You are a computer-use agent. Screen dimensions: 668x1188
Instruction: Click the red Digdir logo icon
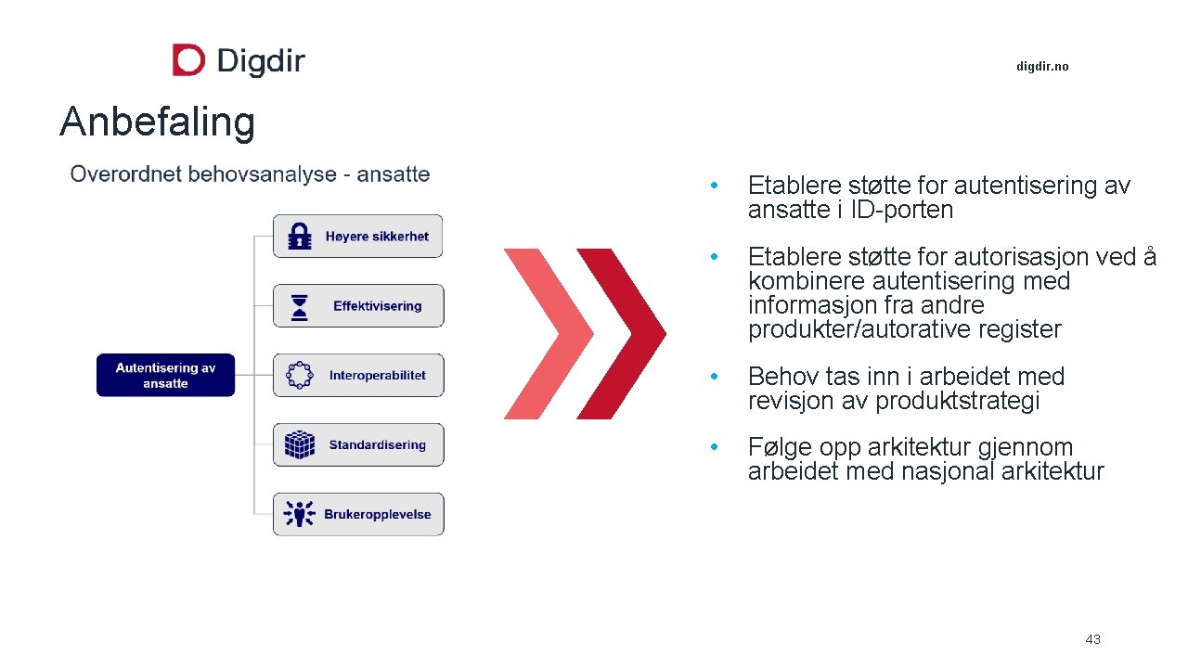tap(188, 60)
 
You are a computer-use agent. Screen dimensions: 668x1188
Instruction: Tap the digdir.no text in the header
tap(1042, 67)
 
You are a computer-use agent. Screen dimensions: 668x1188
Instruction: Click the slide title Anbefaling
tap(157, 122)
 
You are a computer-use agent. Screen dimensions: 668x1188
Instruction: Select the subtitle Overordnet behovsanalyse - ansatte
tap(250, 174)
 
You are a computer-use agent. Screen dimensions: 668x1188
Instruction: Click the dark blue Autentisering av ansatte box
tap(165, 375)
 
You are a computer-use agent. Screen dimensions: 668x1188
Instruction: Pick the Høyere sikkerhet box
tap(358, 237)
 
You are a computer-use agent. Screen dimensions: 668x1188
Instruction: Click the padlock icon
tap(300, 237)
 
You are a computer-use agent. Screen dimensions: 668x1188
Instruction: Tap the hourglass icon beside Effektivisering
tap(300, 307)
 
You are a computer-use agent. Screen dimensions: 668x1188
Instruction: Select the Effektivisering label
tap(377, 306)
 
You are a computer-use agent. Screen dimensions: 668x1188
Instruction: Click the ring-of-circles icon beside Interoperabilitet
tap(300, 376)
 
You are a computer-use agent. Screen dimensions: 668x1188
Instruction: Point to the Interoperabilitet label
tap(377, 376)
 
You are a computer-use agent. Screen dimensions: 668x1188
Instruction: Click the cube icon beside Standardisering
tap(300, 444)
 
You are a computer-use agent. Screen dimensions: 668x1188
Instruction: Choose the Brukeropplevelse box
tap(358, 514)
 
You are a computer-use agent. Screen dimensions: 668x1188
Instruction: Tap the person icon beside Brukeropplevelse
tap(300, 514)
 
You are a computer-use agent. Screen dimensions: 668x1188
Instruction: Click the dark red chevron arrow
tap(620, 333)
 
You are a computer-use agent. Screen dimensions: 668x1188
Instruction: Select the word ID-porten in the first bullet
tap(902, 211)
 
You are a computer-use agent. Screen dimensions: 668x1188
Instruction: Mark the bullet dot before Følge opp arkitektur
tap(714, 447)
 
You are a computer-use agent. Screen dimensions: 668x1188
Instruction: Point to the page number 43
tap(1092, 639)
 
